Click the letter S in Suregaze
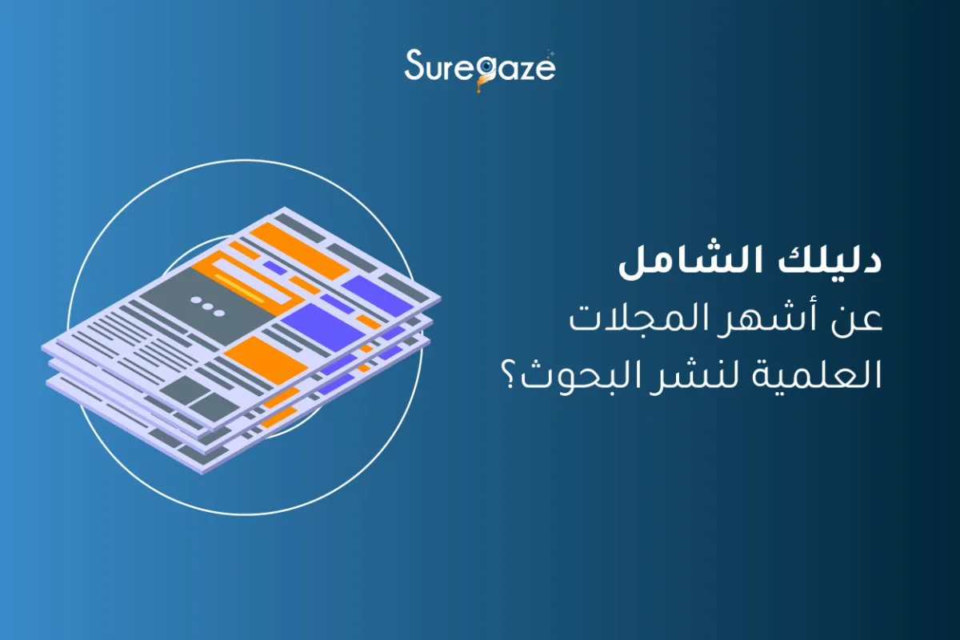point(415,64)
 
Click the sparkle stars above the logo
point(550,54)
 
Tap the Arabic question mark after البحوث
point(510,378)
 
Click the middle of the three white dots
point(207,306)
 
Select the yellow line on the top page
point(239,288)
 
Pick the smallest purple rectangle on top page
point(274,268)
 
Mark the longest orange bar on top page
point(299,251)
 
